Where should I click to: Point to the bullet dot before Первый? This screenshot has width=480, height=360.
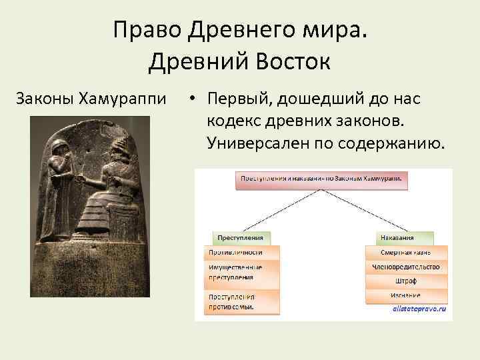191,100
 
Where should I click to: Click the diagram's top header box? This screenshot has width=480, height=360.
322,179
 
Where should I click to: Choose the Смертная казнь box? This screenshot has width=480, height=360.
405,253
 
